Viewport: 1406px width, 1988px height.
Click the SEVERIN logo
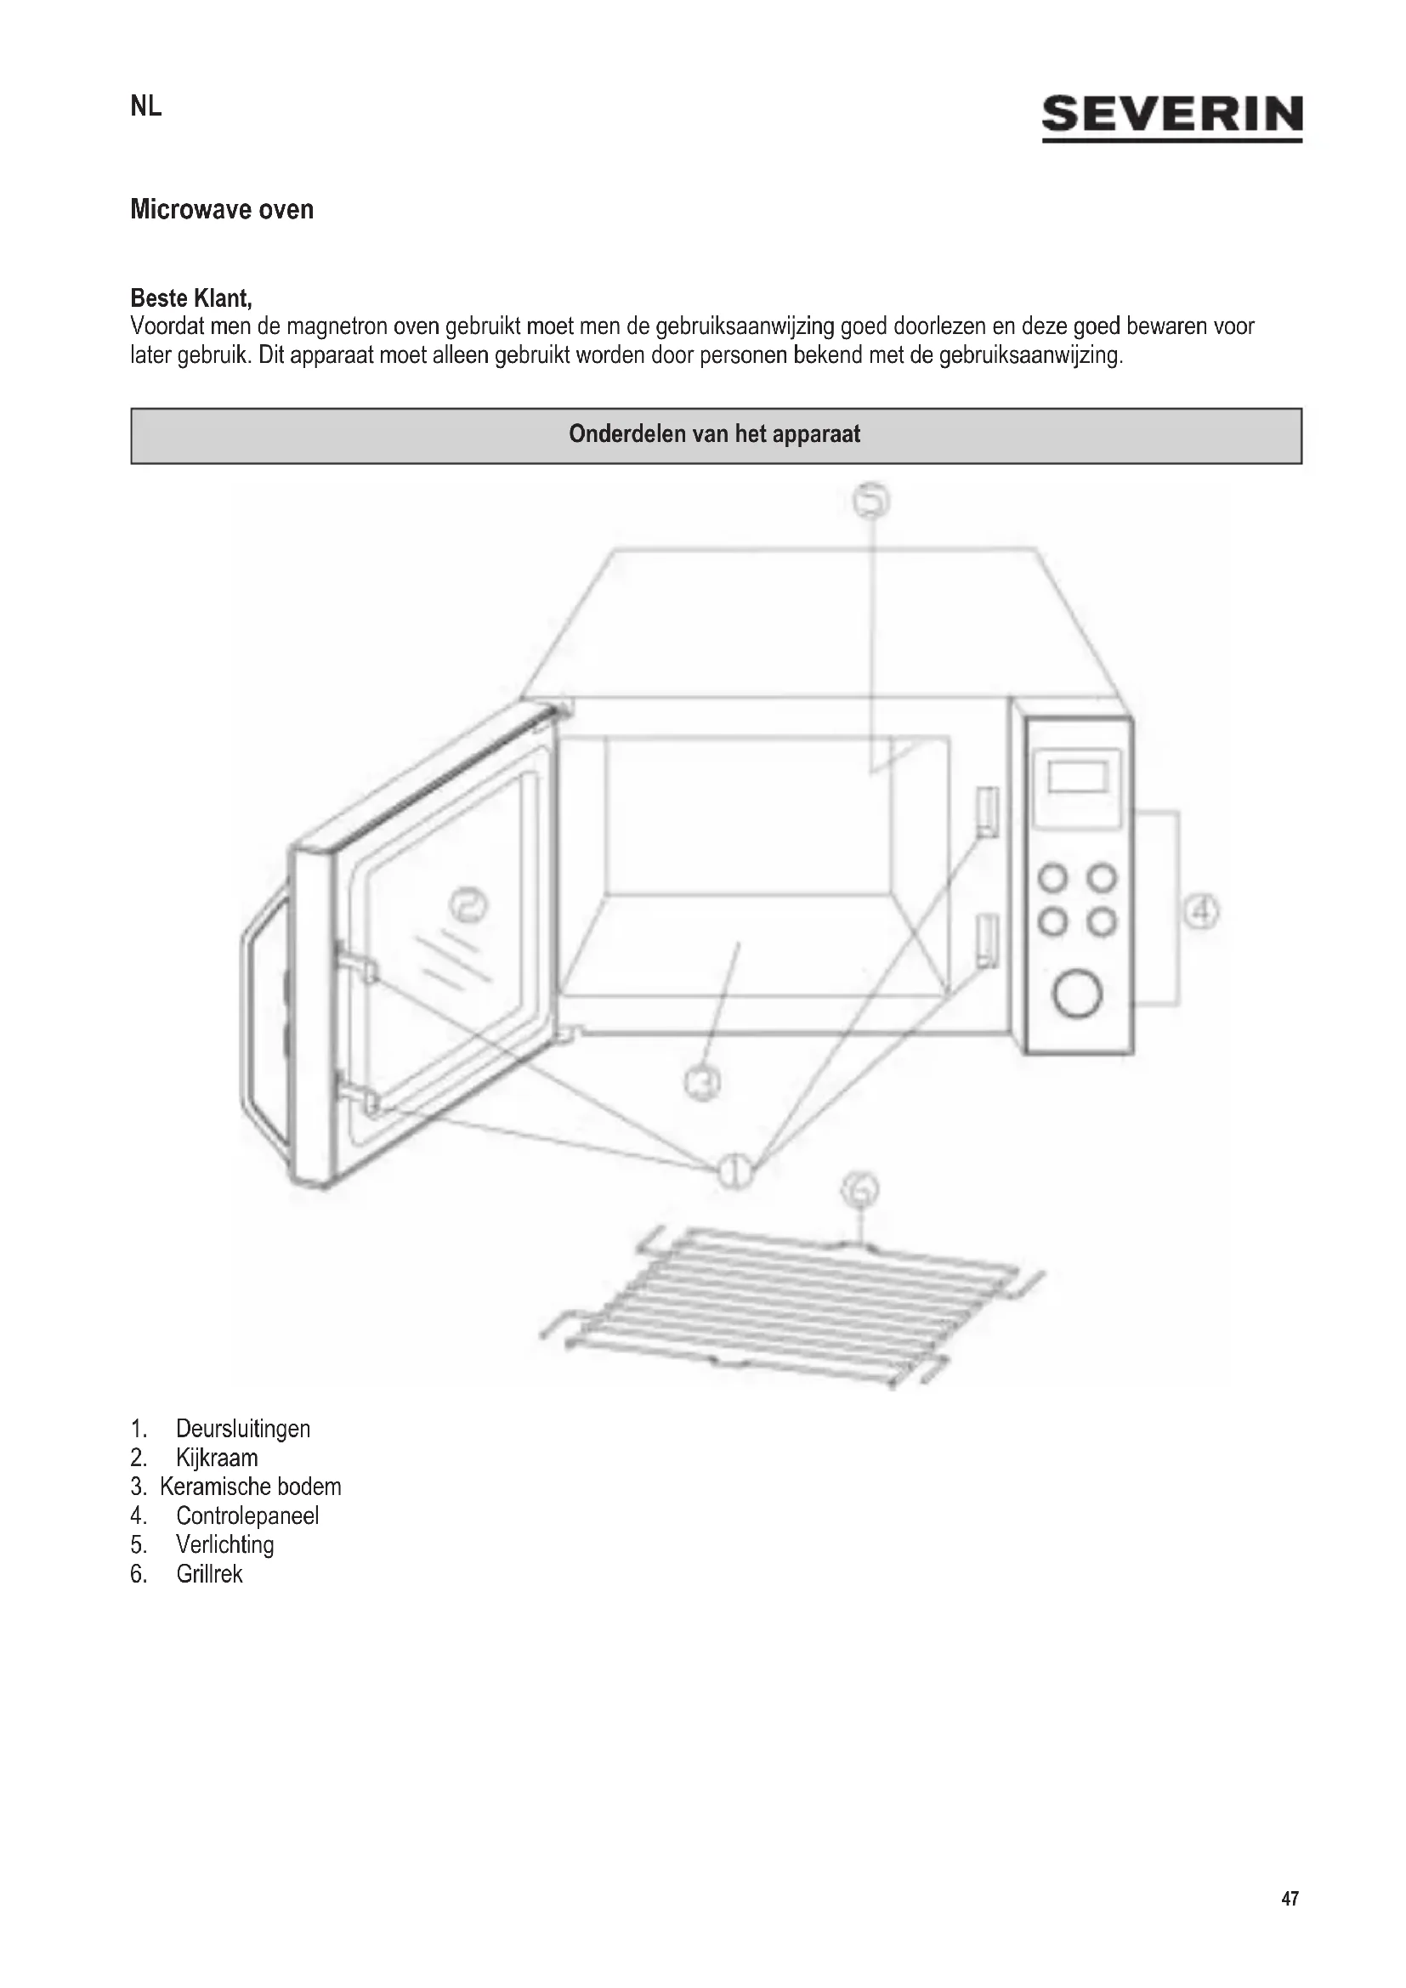coord(1171,116)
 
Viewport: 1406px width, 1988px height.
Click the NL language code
coord(145,106)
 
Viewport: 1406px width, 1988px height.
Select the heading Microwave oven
coord(222,210)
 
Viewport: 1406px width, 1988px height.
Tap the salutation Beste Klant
coord(191,298)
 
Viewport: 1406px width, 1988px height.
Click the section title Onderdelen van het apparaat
coord(715,434)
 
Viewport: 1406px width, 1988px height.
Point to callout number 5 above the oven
coord(872,501)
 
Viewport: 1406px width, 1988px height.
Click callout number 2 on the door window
coord(468,906)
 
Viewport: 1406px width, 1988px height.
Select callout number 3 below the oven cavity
coord(702,1082)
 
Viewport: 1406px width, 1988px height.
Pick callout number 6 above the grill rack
coord(859,1192)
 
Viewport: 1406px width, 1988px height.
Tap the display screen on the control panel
coord(1078,776)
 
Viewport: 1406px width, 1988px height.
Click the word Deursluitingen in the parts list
coord(242,1429)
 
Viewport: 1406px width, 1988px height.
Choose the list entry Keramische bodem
coord(250,1487)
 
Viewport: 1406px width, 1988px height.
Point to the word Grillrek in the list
coord(209,1574)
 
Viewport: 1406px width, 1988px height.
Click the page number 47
coord(1290,1899)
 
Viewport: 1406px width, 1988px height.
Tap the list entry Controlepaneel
coord(247,1516)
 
